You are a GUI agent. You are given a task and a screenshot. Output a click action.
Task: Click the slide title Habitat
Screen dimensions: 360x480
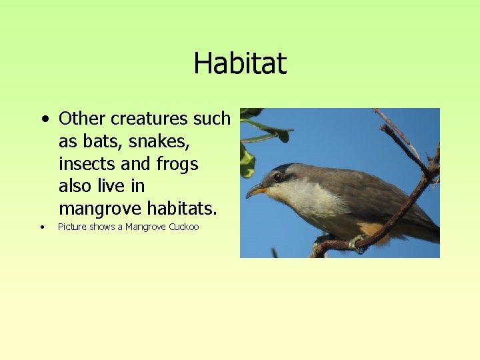pyautogui.click(x=240, y=64)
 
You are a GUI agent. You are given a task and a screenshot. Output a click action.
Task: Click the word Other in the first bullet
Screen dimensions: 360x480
pyautogui.click(x=83, y=119)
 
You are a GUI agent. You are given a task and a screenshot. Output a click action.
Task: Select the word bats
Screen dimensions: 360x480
pyautogui.click(x=95, y=141)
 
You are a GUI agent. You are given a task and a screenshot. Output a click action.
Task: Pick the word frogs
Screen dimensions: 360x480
pyautogui.click(x=177, y=164)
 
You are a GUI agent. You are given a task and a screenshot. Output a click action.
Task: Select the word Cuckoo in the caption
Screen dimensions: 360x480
pyautogui.click(x=184, y=227)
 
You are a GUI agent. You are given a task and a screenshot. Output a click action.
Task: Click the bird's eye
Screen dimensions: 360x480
pyautogui.click(x=277, y=177)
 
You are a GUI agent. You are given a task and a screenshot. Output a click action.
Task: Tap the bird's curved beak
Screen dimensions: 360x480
pyautogui.click(x=256, y=191)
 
